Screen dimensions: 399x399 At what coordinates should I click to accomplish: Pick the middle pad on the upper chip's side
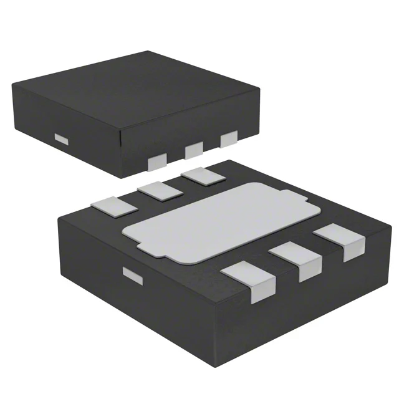coord(194,149)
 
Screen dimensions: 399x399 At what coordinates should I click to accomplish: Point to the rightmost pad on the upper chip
coord(229,138)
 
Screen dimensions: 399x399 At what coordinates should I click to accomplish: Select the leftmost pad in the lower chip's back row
coord(107,205)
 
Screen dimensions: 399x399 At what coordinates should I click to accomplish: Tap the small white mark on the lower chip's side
coord(132,275)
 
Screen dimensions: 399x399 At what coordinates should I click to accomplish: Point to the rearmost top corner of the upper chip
coord(148,52)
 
